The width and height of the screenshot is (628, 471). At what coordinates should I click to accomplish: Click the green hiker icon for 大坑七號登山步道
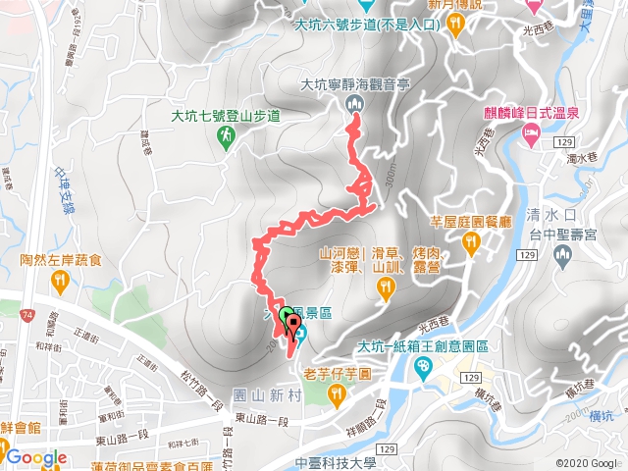pos(227,136)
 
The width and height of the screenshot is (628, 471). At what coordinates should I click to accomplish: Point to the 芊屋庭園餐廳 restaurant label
pos(472,222)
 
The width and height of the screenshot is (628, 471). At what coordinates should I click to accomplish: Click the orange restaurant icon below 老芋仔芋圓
pos(338,392)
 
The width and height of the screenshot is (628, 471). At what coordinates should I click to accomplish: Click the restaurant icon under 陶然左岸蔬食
pos(60,282)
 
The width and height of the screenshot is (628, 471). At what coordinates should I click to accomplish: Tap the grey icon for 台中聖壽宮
pos(562,256)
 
